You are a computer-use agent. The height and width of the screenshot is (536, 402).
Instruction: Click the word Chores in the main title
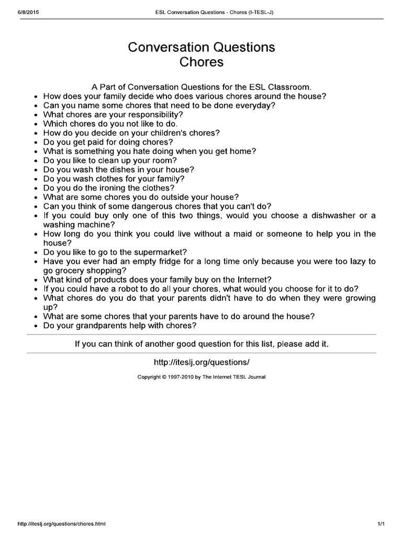pyautogui.click(x=202, y=62)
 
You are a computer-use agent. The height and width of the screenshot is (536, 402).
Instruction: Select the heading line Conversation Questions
pyautogui.click(x=202, y=47)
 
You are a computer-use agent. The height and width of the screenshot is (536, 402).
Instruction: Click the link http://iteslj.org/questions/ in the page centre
pyautogui.click(x=202, y=362)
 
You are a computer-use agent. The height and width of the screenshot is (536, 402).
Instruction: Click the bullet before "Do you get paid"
pyautogui.click(x=35, y=143)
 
